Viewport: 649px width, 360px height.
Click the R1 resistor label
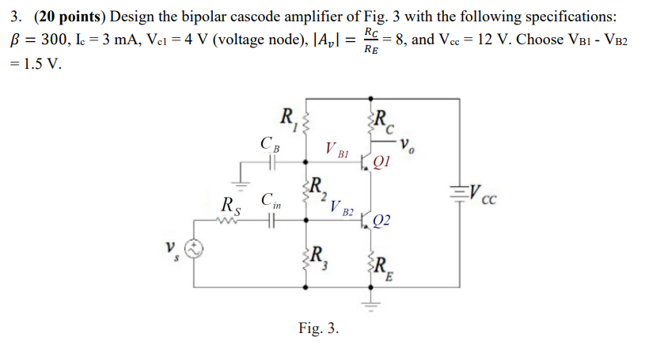289,120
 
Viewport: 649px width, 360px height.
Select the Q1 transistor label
382,165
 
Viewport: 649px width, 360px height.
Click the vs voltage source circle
195,250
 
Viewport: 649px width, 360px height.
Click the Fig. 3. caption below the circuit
319,327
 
